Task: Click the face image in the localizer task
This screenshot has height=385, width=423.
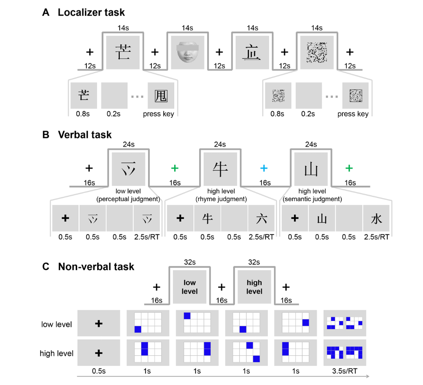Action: click(187, 52)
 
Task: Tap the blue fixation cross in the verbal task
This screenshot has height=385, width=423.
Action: click(264, 168)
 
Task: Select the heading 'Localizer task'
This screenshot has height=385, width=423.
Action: click(91, 12)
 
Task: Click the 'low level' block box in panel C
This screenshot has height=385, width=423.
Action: click(190, 287)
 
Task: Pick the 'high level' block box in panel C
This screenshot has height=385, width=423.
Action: click(254, 287)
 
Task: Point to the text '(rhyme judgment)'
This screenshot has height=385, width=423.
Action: click(221, 199)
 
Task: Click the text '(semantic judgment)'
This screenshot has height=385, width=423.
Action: click(312, 199)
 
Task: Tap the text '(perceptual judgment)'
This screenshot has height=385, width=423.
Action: click(128, 199)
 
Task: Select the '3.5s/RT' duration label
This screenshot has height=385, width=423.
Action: click(345, 371)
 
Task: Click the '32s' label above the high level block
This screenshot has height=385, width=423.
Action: click(254, 262)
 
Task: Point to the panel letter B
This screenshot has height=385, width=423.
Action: click(46, 134)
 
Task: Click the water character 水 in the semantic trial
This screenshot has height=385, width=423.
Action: click(376, 218)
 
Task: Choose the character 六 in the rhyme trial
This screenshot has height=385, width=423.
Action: click(261, 218)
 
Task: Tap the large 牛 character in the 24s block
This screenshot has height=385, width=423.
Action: click(220, 169)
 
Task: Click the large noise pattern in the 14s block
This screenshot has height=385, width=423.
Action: click(317, 52)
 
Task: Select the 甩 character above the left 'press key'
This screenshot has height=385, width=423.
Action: click(161, 96)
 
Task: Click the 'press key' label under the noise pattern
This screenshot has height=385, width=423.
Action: click(353, 114)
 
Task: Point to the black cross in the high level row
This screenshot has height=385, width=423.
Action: click(99, 353)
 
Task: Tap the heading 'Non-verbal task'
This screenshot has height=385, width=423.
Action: click(96, 267)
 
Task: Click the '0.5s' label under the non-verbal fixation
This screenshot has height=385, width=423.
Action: click(99, 371)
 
